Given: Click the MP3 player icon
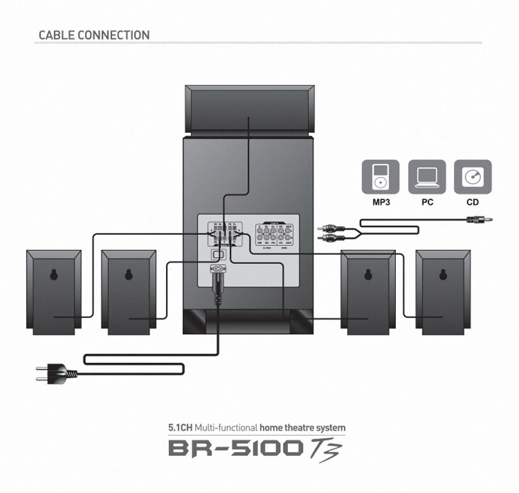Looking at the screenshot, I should pyautogui.click(x=380, y=177).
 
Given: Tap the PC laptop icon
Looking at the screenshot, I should pyautogui.click(x=427, y=177).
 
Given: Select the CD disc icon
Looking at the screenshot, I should pyautogui.click(x=473, y=177).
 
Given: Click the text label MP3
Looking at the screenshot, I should pyautogui.click(x=380, y=202).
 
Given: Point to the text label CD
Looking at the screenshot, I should pyautogui.click(x=473, y=202).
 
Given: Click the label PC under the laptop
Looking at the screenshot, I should pyautogui.click(x=427, y=202).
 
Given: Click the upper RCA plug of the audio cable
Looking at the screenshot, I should pyautogui.click(x=330, y=228).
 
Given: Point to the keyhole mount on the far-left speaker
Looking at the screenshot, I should pyautogui.click(x=54, y=275).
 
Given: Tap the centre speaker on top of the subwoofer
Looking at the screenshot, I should pyautogui.click(x=249, y=110).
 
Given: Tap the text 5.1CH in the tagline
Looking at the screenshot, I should pyautogui.click(x=180, y=428).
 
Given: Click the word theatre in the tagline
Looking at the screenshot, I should pyautogui.click(x=301, y=428).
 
